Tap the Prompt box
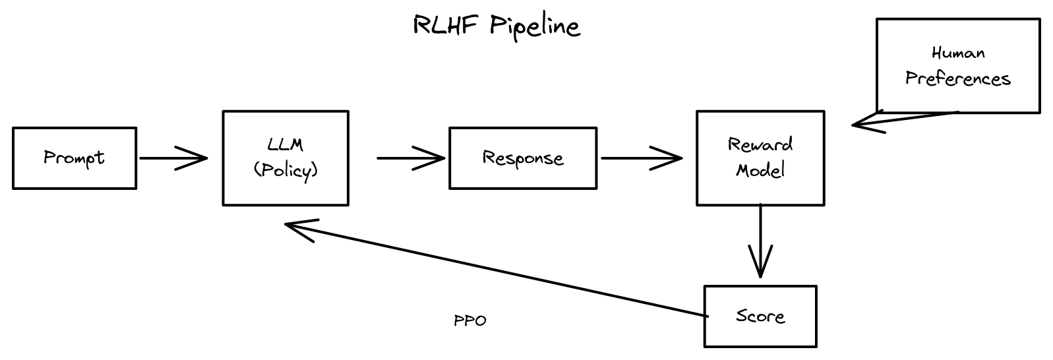(x=75, y=158)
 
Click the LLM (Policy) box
(x=286, y=158)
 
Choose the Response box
(x=523, y=158)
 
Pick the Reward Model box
(x=760, y=158)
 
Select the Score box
(x=760, y=316)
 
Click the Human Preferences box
(x=957, y=66)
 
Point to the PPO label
(x=470, y=321)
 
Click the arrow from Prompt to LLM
(x=173, y=158)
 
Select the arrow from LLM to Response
(x=411, y=158)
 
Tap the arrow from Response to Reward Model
(x=641, y=158)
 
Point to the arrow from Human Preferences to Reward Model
(x=903, y=118)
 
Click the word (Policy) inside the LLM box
(x=286, y=170)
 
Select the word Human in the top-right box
(x=958, y=53)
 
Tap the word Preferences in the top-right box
(x=957, y=79)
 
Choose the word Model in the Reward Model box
(x=760, y=171)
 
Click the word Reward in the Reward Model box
(x=760, y=144)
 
